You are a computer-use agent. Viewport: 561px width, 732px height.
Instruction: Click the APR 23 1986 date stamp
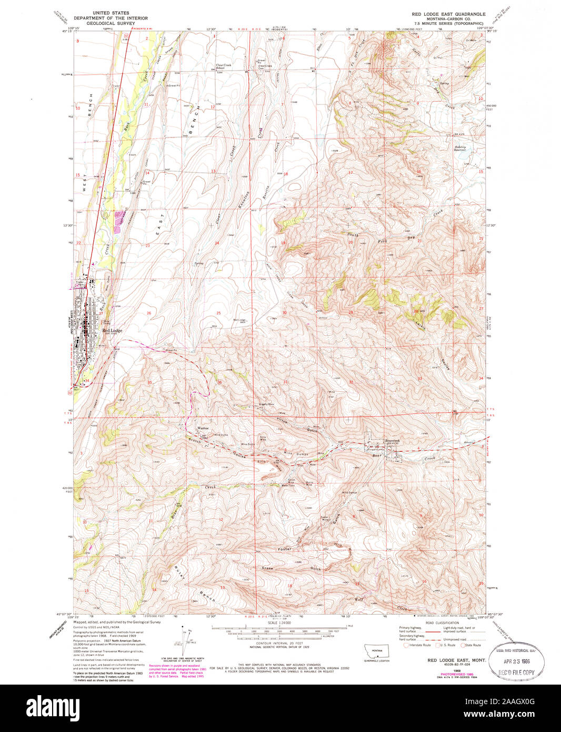(x=517, y=661)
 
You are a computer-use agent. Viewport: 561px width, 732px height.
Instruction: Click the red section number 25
(x=218, y=313)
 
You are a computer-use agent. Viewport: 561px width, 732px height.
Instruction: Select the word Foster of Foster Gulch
(x=284, y=549)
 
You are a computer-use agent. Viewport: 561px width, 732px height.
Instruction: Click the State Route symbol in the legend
(x=463, y=645)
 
